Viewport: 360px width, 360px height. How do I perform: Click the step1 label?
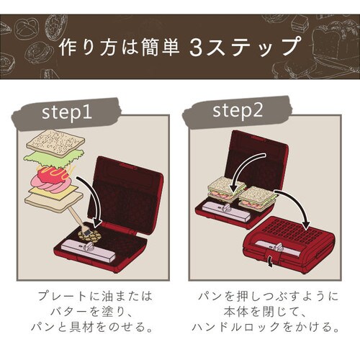(67, 112)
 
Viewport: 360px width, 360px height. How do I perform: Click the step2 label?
(238, 110)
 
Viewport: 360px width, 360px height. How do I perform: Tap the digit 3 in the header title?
(196, 48)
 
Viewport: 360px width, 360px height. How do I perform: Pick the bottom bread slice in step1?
(53, 202)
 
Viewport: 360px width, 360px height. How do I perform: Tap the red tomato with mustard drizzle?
(55, 175)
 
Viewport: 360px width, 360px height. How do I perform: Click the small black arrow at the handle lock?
(271, 261)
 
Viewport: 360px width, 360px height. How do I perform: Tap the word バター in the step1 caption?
(69, 312)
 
